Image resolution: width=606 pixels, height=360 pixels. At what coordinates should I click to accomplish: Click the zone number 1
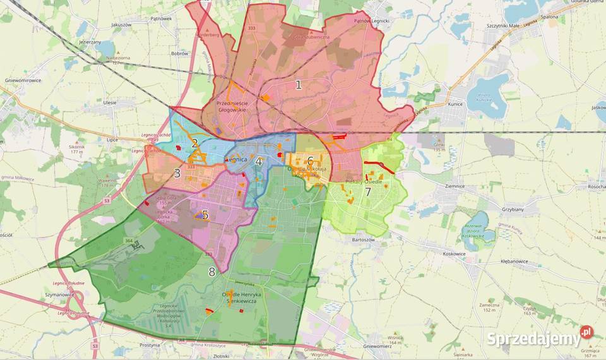tap(299, 85)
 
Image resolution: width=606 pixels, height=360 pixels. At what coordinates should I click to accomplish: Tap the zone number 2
tap(195, 143)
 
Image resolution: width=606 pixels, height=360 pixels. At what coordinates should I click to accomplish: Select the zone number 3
tap(177, 173)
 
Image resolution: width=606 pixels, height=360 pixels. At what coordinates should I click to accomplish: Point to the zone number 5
tap(205, 215)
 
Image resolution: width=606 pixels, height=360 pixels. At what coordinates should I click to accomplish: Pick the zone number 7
tap(367, 191)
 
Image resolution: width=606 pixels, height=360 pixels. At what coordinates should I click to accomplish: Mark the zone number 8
tap(211, 272)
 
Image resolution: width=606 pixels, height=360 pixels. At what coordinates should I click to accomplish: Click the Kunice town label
tap(455, 104)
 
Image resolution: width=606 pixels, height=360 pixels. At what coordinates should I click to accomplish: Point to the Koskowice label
tap(446, 253)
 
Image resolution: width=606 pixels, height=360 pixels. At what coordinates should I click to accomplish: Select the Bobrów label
tap(180, 54)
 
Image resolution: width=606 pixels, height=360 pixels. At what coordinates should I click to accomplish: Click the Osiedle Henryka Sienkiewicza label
tap(239, 297)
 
